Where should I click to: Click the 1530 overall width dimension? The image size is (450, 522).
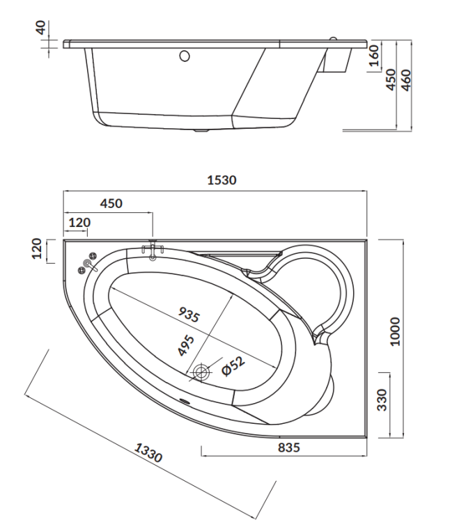(222, 180)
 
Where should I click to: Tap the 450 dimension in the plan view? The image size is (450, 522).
(111, 203)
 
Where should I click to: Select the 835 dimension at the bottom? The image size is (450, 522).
(289, 448)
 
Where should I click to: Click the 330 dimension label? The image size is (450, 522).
(382, 400)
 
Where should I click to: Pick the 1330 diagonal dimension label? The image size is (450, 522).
(148, 452)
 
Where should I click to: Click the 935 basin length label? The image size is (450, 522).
(189, 315)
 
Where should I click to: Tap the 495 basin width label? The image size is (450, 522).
(186, 345)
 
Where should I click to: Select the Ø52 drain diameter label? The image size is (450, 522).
(233, 365)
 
